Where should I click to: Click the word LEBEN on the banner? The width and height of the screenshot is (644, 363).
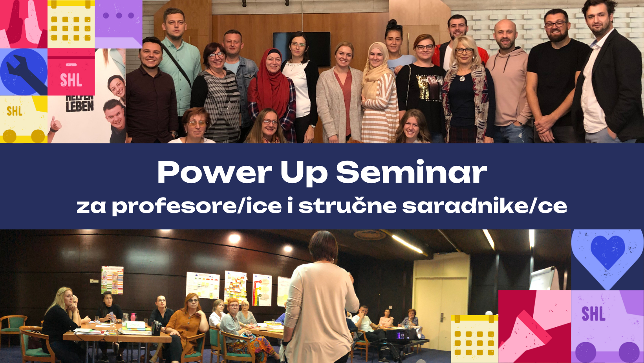point(80,106)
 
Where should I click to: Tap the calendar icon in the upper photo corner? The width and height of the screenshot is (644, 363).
point(71,24)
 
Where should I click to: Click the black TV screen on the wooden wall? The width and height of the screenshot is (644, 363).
point(302,49)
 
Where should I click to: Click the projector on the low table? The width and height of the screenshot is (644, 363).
point(401,335)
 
